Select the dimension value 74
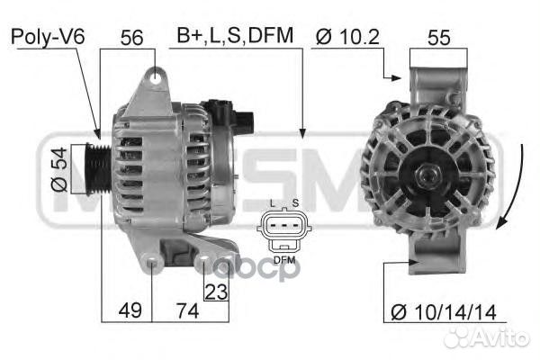coord(185,310)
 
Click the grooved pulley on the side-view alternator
coord(98,168)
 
